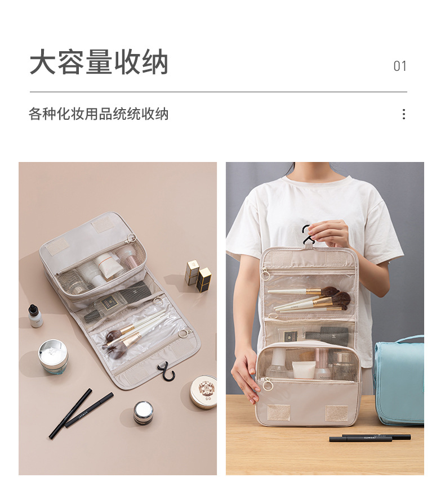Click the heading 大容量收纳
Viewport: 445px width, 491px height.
[x=99, y=62]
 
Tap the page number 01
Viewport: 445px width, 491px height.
[x=399, y=66]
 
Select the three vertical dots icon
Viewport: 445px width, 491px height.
[x=403, y=114]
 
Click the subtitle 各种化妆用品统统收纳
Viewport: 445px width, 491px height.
[x=99, y=114]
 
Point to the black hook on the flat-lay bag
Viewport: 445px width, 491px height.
[x=165, y=372]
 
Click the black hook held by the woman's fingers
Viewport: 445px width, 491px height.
[x=307, y=235]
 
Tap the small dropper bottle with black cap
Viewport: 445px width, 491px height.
[x=35, y=316]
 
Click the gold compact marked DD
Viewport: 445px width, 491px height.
[x=204, y=391]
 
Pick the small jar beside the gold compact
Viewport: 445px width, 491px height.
[x=143, y=412]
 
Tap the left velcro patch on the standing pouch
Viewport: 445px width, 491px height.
[x=278, y=412]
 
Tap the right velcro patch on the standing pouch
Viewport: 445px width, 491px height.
[x=336, y=413]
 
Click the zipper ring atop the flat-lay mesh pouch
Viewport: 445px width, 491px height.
[x=131, y=238]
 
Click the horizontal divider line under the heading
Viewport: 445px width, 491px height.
[x=218, y=92]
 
